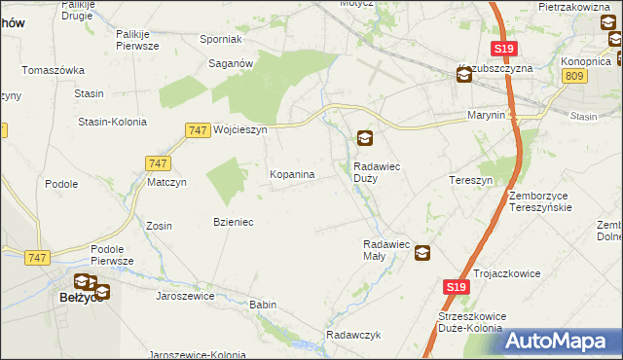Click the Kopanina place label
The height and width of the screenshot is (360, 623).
(292, 175)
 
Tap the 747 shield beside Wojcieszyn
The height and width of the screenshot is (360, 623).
(198, 129)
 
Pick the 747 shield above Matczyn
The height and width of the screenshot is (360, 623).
(158, 163)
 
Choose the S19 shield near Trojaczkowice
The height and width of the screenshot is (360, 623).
(458, 287)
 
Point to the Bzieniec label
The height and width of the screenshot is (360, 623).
(234, 222)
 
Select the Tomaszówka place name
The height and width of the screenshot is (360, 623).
(54, 70)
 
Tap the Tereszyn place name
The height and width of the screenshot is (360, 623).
(471, 181)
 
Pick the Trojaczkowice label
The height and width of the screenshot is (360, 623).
(506, 274)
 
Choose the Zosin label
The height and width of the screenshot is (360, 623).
(159, 226)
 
